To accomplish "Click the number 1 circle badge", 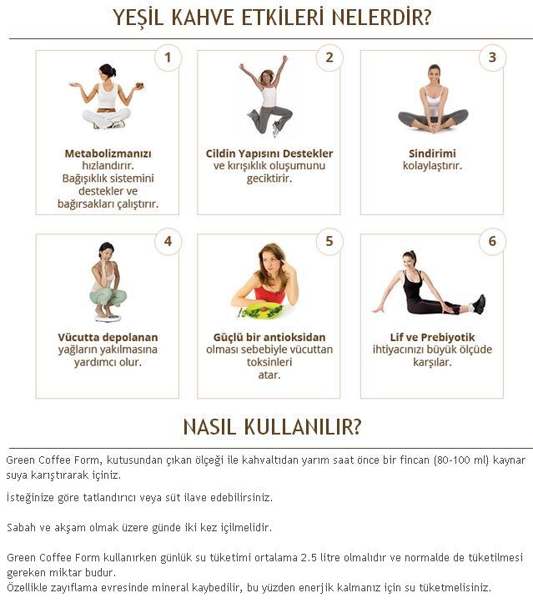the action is pos(168,58).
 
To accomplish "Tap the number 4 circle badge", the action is pos(168,242).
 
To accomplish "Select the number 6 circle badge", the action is pos(492,242).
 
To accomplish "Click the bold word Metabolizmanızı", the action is pos(108,153).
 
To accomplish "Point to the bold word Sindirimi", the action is pos(432,153).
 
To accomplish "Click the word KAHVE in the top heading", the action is pos(203,18).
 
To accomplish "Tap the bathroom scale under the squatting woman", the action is pos(108,318).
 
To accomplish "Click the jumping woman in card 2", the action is pos(268,96).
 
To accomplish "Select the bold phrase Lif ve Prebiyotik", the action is pos(432,337).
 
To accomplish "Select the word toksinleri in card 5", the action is pos(269,362).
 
